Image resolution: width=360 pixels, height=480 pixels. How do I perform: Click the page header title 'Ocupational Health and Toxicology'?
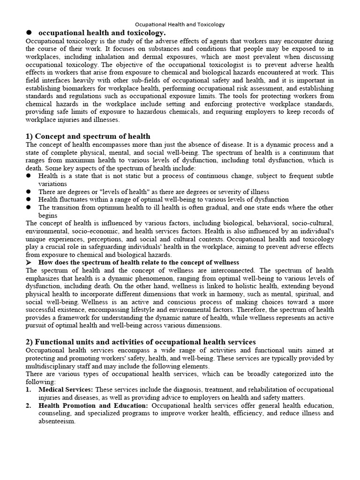click(x=180, y=24)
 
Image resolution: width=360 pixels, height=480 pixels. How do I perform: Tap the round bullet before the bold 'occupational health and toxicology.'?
click(x=29, y=32)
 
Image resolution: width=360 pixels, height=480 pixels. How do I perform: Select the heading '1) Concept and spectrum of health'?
click(x=88, y=136)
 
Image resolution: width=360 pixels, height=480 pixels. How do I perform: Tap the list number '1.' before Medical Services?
click(x=29, y=390)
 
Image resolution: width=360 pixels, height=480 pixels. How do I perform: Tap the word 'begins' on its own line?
click(x=48, y=215)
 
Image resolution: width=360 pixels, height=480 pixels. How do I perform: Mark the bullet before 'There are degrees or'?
click(x=29, y=192)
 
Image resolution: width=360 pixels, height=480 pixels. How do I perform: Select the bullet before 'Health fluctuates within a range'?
click(x=29, y=199)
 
